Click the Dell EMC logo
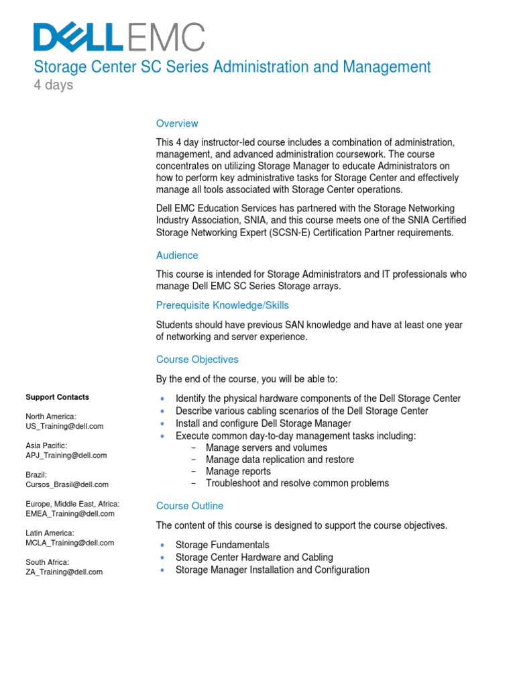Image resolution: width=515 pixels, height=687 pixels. pyautogui.click(x=119, y=37)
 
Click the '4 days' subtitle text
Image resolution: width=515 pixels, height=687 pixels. pyautogui.click(x=54, y=85)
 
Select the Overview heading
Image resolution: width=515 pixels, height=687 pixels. pyautogui.click(x=177, y=123)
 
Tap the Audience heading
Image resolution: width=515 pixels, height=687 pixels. pyautogui.click(x=177, y=256)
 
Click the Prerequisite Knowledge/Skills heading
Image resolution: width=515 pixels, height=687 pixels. pyautogui.click(x=223, y=305)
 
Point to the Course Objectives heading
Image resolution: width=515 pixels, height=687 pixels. pyautogui.click(x=197, y=360)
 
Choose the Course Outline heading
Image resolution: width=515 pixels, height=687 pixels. pyautogui.click(x=190, y=506)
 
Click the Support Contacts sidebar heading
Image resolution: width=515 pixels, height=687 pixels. pyautogui.click(x=57, y=397)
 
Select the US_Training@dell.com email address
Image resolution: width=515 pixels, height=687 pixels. pyautogui.click(x=64, y=426)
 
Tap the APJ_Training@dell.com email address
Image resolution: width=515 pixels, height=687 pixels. pyautogui.click(x=66, y=456)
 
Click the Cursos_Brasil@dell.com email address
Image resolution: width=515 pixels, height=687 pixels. pyautogui.click(x=67, y=484)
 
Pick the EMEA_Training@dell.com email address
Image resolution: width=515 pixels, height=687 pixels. pyautogui.click(x=70, y=514)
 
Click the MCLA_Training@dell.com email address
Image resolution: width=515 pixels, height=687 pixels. pyautogui.click(x=70, y=543)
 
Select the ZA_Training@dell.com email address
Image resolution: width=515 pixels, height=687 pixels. pyautogui.click(x=64, y=572)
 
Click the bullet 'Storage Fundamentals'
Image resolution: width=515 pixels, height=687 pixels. pyautogui.click(x=222, y=545)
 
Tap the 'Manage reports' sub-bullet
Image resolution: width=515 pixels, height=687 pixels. pyautogui.click(x=238, y=472)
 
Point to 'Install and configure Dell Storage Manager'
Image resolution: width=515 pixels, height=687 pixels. pyautogui.click(x=263, y=423)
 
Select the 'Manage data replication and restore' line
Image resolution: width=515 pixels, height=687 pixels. pyautogui.click(x=280, y=460)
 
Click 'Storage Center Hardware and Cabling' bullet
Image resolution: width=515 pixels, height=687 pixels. pyautogui.click(x=253, y=558)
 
